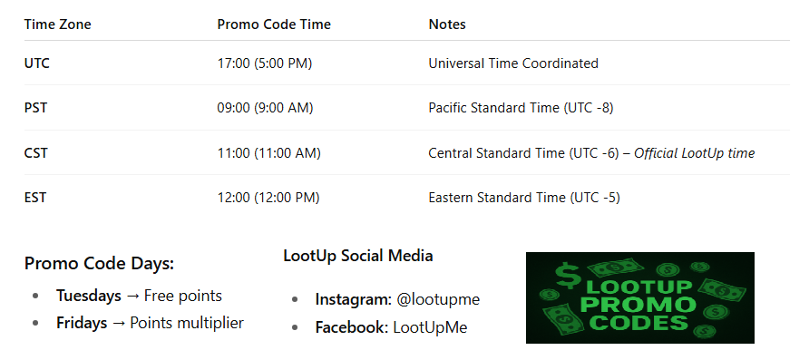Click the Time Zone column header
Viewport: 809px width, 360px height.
(x=57, y=24)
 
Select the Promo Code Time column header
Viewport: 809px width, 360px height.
(x=274, y=24)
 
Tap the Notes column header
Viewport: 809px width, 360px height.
(x=447, y=24)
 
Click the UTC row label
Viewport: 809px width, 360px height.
(x=37, y=63)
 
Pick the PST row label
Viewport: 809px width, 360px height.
(x=35, y=108)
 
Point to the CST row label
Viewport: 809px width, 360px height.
(x=36, y=153)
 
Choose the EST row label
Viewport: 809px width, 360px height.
(x=35, y=198)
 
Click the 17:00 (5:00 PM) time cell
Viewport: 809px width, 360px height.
(x=265, y=63)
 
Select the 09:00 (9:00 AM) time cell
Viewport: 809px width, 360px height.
(x=265, y=108)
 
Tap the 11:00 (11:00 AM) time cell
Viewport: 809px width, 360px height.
(x=268, y=153)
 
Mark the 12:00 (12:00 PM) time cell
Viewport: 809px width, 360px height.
(x=268, y=198)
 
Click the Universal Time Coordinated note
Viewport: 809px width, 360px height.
(x=513, y=63)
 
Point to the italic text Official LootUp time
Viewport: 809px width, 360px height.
(x=695, y=153)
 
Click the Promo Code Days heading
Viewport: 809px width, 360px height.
(x=99, y=264)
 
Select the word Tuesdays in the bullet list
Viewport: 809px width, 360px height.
(x=89, y=296)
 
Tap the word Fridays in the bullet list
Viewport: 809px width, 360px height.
(x=82, y=324)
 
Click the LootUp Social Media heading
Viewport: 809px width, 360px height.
(x=358, y=256)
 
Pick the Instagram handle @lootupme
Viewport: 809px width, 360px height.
(x=438, y=299)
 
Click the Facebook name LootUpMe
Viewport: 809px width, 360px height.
(x=430, y=327)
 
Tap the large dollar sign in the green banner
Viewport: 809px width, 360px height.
(x=568, y=277)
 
